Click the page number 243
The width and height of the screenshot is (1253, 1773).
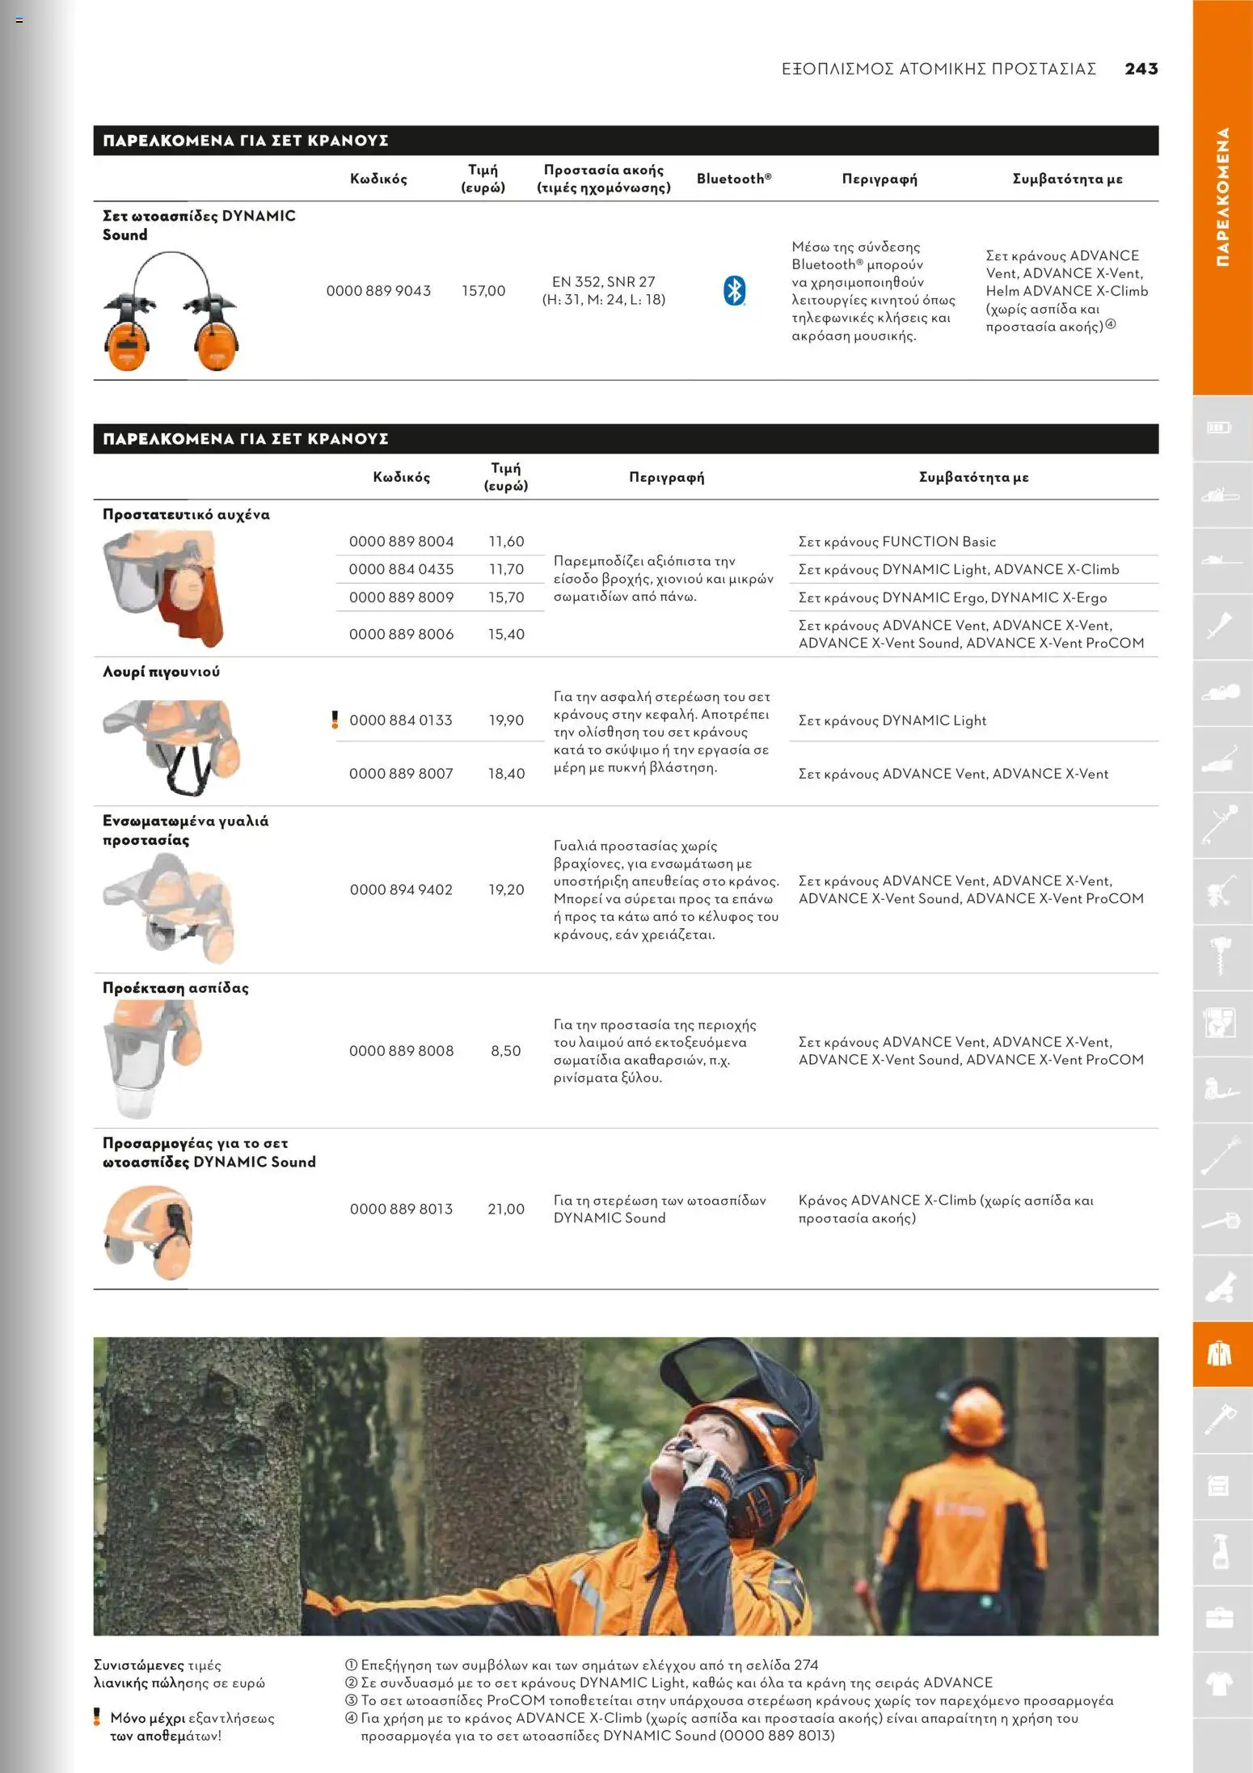[x=1141, y=69]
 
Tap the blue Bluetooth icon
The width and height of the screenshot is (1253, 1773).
[x=734, y=290]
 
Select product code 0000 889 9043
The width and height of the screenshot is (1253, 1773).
[x=378, y=290]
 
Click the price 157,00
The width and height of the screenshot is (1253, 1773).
[x=483, y=290]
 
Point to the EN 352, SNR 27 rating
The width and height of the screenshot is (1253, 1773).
[x=603, y=281]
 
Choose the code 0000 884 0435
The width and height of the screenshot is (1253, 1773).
[x=401, y=569]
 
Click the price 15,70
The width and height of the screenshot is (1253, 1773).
[x=506, y=597]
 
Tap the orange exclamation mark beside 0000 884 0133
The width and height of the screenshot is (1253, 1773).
[x=335, y=720]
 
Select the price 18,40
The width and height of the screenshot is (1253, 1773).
[x=506, y=774]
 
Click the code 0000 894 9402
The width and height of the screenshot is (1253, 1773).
[x=401, y=889]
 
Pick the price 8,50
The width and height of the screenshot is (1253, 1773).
[x=506, y=1050]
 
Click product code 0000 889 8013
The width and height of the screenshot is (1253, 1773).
[x=401, y=1209]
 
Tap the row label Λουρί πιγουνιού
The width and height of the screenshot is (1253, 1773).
[x=161, y=672]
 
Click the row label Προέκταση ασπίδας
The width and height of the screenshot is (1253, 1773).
[x=175, y=988]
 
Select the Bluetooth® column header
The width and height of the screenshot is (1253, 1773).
[x=734, y=179]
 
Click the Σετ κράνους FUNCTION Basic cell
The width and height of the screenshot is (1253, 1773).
[x=897, y=542]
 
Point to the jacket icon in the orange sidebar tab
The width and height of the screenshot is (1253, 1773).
[x=1219, y=1353]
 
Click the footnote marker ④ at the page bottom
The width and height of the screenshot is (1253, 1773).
[x=351, y=1718]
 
